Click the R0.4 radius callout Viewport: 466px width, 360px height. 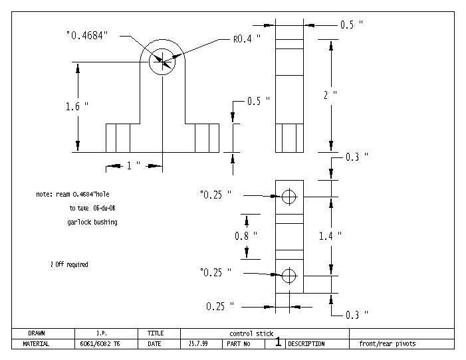[x=247, y=39]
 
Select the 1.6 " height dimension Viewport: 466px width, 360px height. [x=77, y=106]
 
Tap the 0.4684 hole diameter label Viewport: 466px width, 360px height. [x=87, y=35]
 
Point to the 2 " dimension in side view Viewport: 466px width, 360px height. [x=330, y=95]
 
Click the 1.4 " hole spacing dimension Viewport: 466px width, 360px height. [x=330, y=236]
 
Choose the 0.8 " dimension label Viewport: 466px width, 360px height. [x=246, y=236]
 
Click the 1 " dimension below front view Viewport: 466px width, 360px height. [x=134, y=165]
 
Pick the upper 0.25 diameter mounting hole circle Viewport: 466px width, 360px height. [x=289, y=197]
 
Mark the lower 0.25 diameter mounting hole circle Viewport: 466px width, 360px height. [x=289, y=276]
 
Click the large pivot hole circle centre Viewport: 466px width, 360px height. [x=162, y=62]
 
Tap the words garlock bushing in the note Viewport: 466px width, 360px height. [x=92, y=223]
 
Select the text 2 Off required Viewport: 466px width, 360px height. [x=69, y=264]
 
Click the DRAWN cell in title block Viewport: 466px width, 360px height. [x=37, y=333]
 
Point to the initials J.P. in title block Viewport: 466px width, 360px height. [x=102, y=333]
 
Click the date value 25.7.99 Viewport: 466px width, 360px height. [x=198, y=344]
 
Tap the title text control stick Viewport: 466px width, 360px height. [x=251, y=333]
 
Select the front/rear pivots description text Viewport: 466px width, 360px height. [x=388, y=344]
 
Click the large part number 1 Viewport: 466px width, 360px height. [x=278, y=341]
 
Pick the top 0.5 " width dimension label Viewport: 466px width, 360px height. [x=352, y=25]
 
